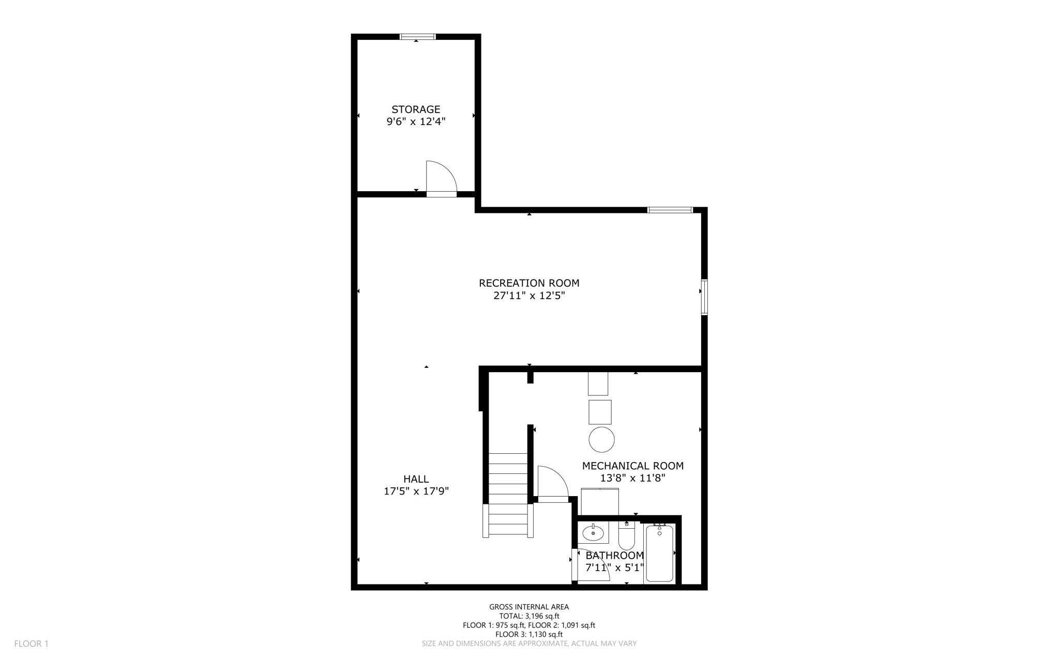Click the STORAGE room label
416,109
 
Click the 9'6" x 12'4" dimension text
416,122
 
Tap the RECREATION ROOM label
529,283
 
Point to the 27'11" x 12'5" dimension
529,296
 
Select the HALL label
416,479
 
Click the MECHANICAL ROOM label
632,466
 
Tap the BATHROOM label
614,556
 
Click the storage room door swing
440,178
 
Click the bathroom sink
593,532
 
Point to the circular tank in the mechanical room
601,440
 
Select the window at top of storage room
418,37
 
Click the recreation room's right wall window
704,297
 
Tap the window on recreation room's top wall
670,210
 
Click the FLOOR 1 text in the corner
31,643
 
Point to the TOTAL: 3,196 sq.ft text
529,616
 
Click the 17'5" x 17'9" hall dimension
416,491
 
